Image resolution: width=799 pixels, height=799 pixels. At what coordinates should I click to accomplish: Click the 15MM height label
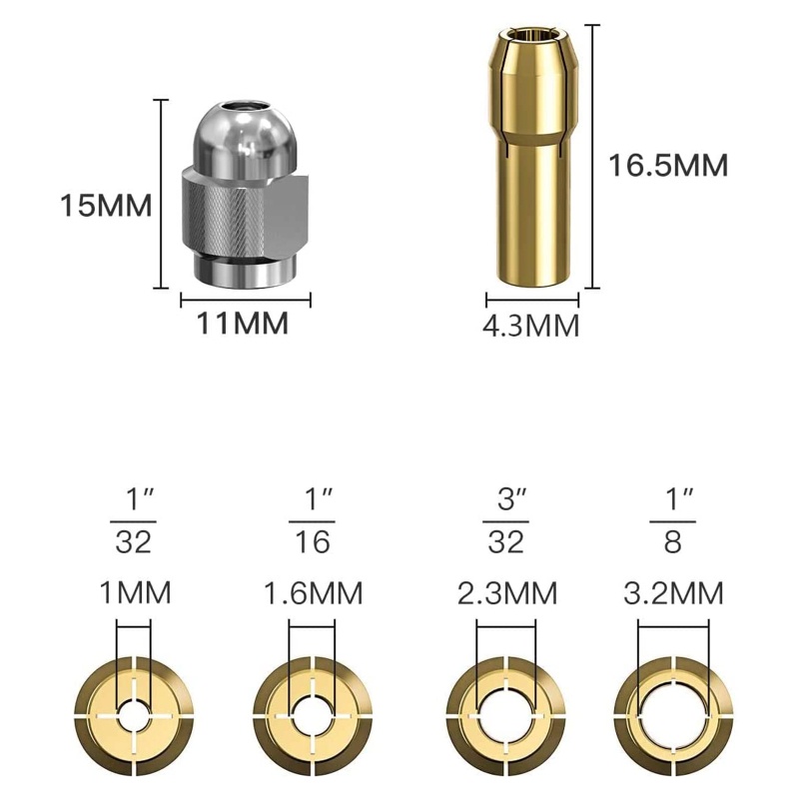click(105, 207)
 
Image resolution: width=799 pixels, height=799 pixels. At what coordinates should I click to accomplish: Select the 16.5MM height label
click(669, 164)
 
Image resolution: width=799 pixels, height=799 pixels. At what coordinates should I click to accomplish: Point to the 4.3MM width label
click(531, 326)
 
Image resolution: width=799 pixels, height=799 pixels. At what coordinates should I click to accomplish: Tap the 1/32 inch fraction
click(134, 520)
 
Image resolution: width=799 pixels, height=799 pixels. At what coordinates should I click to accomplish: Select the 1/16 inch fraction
click(313, 520)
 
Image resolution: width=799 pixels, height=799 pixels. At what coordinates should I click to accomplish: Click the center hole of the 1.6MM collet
click(313, 716)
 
